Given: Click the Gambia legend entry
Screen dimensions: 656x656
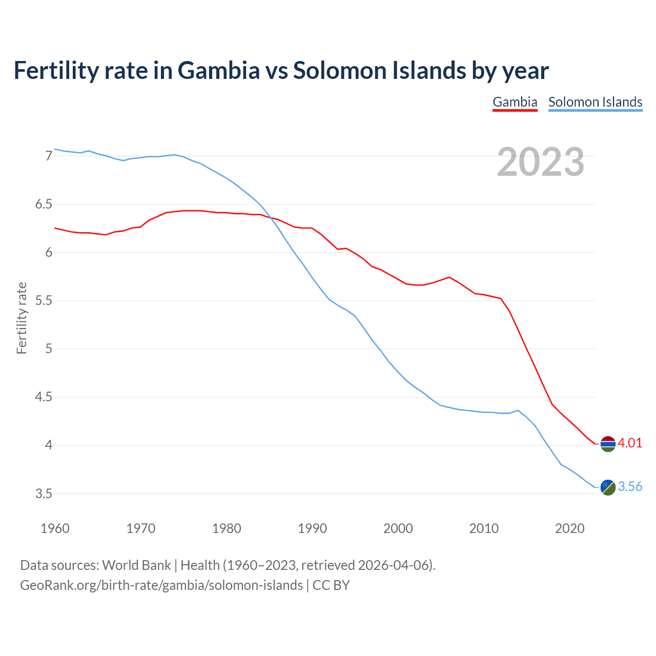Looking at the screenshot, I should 515,102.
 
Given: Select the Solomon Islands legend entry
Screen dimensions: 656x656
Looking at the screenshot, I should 595,102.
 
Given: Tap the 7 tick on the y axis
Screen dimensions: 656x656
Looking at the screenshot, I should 49,156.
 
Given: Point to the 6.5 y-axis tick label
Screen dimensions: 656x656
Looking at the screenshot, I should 44,204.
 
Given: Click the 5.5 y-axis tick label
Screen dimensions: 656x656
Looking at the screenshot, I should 44,301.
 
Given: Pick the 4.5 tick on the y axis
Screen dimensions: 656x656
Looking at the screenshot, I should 44,397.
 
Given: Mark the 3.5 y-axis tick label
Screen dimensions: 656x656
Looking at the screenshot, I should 44,494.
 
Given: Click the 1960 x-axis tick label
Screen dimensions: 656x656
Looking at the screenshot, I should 55,528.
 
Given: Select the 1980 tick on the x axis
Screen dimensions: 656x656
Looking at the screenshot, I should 227,528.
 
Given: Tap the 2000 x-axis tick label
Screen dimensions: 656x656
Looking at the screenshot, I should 398,528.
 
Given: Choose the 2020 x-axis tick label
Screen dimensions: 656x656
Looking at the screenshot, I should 570,528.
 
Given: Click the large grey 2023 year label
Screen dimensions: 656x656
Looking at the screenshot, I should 541,162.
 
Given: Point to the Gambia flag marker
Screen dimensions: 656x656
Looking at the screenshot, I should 608,444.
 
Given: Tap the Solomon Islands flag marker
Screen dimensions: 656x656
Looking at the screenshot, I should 608,487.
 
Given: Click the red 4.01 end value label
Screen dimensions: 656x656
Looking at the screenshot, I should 630,443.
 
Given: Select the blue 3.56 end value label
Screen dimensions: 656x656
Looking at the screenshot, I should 630,487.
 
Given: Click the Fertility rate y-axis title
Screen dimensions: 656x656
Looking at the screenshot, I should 22,318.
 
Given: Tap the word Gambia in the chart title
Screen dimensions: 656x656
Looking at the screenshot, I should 219,70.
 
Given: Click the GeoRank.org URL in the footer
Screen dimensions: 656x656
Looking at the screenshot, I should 161,585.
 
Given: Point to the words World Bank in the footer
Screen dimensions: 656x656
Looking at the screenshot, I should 136,565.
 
